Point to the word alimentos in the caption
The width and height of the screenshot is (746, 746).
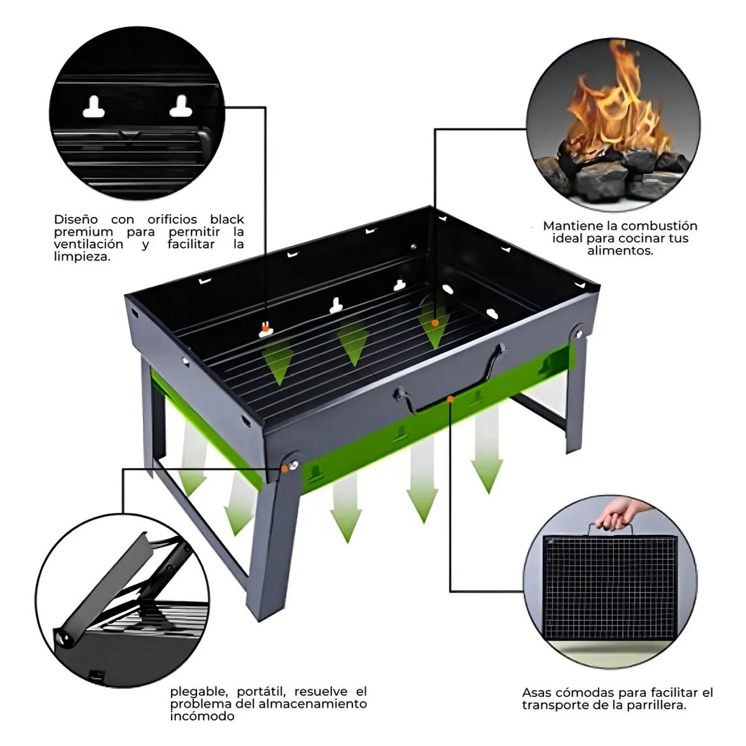[620, 251]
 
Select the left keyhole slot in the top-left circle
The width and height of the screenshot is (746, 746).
[94, 108]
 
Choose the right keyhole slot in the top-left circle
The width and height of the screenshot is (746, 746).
[181, 107]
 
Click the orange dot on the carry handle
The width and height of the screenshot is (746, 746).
[450, 399]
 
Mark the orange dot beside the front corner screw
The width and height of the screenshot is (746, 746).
[284, 469]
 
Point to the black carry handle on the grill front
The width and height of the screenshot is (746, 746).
[448, 385]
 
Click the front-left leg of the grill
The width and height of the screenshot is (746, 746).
[272, 547]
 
